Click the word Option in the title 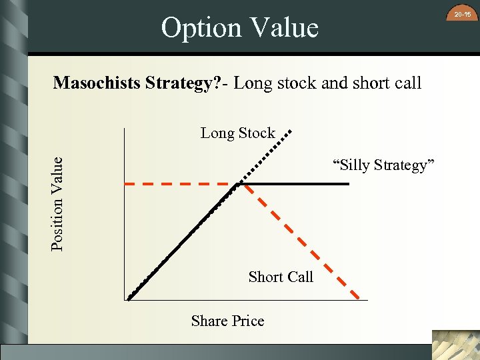tap(201, 28)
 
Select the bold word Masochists tap(97, 83)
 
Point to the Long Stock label tap(237, 133)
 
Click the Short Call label tap(280, 277)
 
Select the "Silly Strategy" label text tap(383, 165)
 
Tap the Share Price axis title tap(227, 321)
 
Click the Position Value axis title tap(58, 203)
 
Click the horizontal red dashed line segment tap(180, 183)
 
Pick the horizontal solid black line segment tap(297, 183)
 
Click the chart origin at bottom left tap(126, 300)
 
